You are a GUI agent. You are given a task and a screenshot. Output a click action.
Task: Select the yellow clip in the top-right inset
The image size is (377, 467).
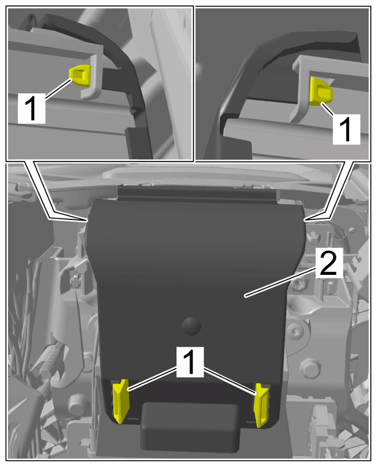pos(320,91)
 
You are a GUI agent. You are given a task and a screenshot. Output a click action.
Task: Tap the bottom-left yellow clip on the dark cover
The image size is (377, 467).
pos(121,401)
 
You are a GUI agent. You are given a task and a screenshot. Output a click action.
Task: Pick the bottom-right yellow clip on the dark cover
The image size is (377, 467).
pos(261,405)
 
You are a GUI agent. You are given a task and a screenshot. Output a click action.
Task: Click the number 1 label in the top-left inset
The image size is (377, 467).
pos(32,108)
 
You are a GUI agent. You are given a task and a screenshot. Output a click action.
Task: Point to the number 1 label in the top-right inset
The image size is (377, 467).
pos(346,129)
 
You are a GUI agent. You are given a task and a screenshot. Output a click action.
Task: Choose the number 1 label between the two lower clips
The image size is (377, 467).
pos(190,361)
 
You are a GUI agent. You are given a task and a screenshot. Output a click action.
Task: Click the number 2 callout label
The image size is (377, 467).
pos(329,263)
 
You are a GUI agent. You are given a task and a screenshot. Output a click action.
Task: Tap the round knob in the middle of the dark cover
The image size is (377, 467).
pos(191,326)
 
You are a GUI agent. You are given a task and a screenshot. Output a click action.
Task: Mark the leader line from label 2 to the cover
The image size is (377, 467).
pos(280,281)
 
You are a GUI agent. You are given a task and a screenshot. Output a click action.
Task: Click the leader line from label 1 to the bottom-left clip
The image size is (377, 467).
pos(152,379)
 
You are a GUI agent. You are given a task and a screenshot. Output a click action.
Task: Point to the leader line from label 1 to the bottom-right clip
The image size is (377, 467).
pos(230,381)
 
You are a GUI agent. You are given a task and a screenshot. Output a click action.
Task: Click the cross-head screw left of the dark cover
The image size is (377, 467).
pos(75,281)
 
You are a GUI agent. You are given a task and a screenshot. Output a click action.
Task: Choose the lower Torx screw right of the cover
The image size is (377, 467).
pos(296,332)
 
